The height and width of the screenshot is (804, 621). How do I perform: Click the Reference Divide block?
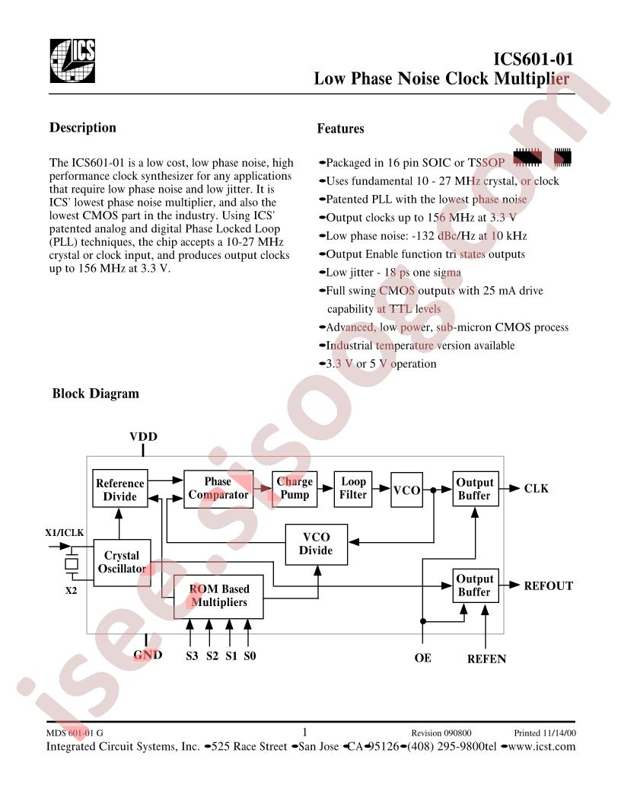coord(119,490)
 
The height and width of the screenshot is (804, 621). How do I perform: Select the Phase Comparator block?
coord(218,488)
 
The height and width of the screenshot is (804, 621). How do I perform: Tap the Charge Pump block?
coord(295,488)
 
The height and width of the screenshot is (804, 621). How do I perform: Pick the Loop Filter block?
coord(353,488)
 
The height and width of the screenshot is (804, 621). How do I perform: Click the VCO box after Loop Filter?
coord(406,490)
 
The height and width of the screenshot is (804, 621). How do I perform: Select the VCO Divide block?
coord(316,544)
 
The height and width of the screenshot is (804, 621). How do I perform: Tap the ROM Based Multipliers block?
coord(219,595)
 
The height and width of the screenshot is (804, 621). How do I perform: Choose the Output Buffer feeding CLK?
coord(475,489)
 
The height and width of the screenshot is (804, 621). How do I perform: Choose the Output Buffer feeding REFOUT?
coord(475,585)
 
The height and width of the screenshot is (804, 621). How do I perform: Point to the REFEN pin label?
coord(486,659)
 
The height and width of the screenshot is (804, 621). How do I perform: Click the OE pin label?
coord(422,657)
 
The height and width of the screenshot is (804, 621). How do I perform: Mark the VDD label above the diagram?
coord(143,436)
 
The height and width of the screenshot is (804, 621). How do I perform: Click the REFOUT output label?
coord(548,585)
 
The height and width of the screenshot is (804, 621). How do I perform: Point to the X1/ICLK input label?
coord(65,533)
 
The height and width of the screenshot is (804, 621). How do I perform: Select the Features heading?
coord(340,129)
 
